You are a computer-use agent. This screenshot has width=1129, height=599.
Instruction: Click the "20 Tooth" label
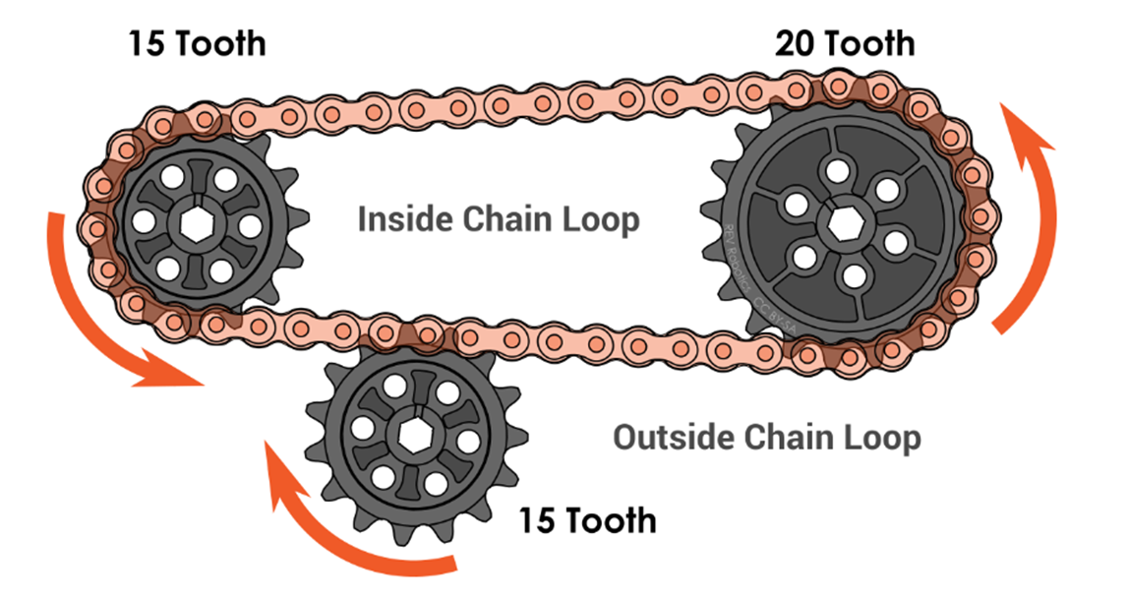coord(844,44)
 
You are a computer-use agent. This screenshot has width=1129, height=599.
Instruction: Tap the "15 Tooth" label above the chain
coord(197,44)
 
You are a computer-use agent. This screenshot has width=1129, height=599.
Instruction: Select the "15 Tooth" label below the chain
coord(587,519)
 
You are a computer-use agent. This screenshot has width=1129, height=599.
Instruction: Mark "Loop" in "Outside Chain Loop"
coord(881,437)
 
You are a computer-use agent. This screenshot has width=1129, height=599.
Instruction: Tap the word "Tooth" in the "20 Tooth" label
coord(869,44)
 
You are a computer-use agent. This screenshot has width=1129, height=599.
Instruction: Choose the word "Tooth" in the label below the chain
coord(612,519)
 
